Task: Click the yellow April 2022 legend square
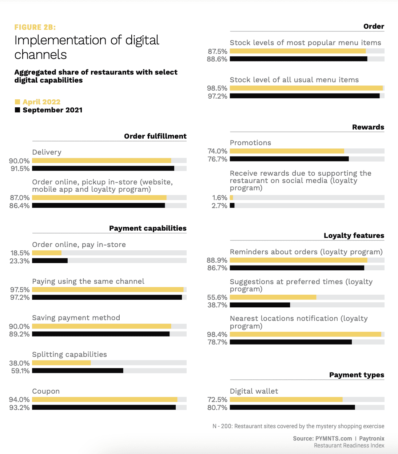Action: tap(17, 102)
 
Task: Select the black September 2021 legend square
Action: tap(17, 110)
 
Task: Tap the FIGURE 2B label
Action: tap(35, 27)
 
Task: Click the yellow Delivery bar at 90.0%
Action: tap(102, 160)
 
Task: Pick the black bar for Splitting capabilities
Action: tap(77, 371)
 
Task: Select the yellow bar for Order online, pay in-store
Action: tap(47, 253)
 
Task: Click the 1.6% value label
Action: tap(220, 198)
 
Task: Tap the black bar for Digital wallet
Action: tap(292, 407)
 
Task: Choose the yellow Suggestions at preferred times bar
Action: tap(273, 297)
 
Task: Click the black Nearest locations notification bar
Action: tap(291, 342)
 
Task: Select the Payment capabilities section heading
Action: tap(148, 228)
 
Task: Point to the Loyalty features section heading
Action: tap(354, 235)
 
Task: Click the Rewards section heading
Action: tap(368, 127)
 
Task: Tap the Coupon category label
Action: tap(46, 391)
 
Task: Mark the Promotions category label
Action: tap(250, 143)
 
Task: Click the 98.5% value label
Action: tap(217, 88)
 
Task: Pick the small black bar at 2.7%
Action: tap(232, 206)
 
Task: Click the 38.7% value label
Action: tap(217, 305)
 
